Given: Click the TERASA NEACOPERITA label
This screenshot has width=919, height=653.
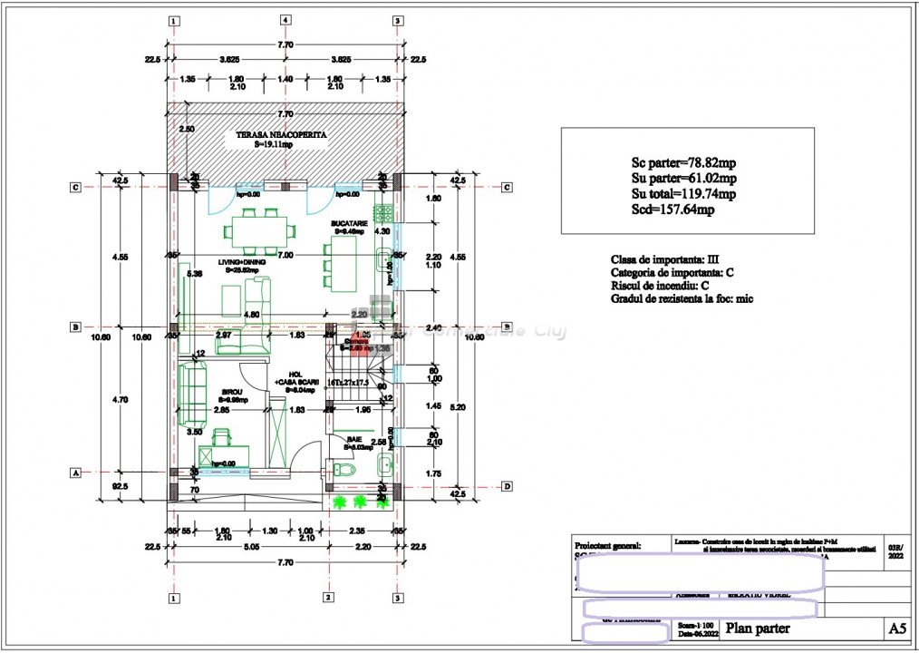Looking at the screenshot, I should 281,134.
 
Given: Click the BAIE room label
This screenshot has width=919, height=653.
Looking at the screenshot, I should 353,439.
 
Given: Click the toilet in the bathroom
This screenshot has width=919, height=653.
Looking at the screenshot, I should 343,470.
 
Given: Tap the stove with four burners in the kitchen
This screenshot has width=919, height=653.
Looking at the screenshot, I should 383,214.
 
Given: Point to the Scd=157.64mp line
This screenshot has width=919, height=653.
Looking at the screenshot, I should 673,210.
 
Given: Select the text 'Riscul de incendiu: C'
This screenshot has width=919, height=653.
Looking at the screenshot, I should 660,286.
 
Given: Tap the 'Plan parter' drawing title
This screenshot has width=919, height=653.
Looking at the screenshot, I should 758,628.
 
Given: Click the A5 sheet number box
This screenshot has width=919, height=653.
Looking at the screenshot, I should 896,628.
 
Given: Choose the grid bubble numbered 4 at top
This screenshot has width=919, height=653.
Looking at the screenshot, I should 285,20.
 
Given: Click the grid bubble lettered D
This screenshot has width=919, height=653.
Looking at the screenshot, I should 508,486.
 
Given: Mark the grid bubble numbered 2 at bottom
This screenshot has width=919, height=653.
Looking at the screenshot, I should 326,598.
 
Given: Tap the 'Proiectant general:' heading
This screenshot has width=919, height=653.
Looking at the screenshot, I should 608,546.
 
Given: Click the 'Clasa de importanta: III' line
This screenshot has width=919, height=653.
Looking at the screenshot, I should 665,258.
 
